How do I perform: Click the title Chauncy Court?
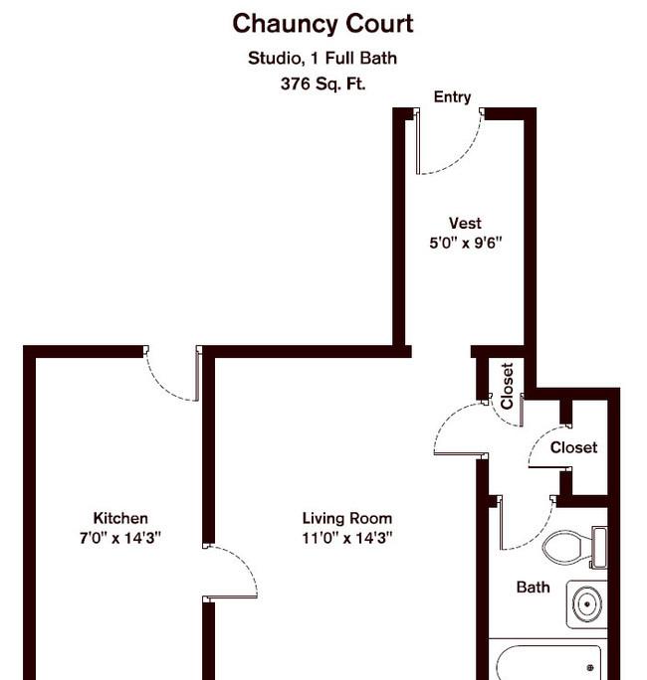click(323, 24)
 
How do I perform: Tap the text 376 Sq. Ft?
click(323, 84)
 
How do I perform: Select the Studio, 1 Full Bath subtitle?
click(323, 58)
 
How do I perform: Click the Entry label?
click(453, 97)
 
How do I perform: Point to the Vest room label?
click(465, 223)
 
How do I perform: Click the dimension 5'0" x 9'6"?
click(466, 243)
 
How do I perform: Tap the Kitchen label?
click(120, 518)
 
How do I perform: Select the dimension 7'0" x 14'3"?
click(120, 538)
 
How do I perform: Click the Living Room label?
click(347, 518)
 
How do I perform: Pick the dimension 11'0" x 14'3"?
click(347, 538)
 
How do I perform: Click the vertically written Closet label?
click(508, 386)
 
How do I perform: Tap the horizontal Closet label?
click(573, 447)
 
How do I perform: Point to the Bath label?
click(533, 588)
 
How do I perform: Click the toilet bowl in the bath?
click(566, 548)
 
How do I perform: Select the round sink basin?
click(587, 603)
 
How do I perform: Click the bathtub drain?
click(589, 667)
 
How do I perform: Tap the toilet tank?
click(599, 548)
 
